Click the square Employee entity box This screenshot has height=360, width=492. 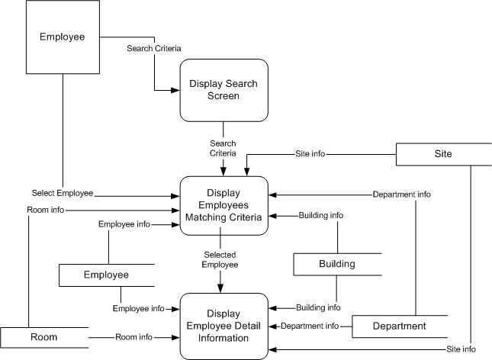pos(62,36)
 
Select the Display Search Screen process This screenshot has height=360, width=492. pos(224,90)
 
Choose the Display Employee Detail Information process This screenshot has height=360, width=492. pos(223,325)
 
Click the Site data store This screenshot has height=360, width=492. pos(443,154)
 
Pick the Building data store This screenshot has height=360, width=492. pos(336,264)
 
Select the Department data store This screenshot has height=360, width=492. pos(398,326)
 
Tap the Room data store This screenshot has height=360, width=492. pos(44,336)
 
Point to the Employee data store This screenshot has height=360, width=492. pos(106,275)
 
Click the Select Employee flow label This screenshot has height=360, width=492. pos(63,193)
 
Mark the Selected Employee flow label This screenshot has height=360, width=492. pos(220,259)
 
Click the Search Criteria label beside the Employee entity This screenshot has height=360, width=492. pos(154,48)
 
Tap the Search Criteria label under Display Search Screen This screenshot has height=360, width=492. pos(223,148)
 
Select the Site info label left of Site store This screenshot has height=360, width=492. pos(310,154)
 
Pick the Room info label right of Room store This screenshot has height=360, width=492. pos(133,336)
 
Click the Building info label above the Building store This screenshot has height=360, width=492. pos(320,216)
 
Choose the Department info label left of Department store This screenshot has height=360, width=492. pos(310,326)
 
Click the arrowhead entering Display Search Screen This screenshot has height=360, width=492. pos(175,91)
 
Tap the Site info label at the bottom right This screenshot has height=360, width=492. pos(460,349)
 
